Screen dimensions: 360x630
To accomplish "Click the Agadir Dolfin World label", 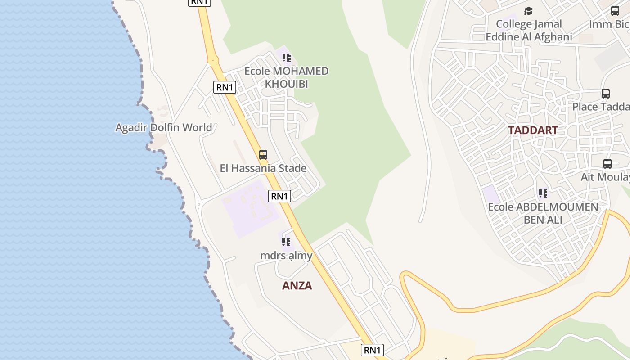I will [x=163, y=127].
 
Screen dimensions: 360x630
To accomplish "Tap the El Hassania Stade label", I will [x=263, y=168].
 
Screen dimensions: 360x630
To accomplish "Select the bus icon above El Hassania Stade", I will [x=263, y=155].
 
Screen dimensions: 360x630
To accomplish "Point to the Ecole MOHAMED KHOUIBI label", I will [x=286, y=77].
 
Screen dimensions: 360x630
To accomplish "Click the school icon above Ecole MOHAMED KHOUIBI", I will [x=287, y=58].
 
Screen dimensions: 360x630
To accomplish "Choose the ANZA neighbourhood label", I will [x=297, y=286].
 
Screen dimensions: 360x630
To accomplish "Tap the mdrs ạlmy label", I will [x=286, y=256].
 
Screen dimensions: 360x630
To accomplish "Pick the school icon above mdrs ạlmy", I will [x=286, y=242].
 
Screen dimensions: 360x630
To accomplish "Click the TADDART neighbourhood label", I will [x=533, y=130].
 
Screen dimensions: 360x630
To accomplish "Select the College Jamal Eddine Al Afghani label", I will [x=529, y=31].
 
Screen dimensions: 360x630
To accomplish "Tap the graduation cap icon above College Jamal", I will [x=528, y=11].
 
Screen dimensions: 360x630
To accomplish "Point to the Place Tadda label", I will [x=601, y=107].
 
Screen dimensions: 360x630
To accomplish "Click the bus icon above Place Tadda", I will [x=606, y=94].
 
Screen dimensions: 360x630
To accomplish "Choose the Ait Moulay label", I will [x=605, y=177].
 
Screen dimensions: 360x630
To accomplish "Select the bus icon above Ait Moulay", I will [x=607, y=164].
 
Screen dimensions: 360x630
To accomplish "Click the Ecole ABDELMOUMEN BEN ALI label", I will [x=543, y=213].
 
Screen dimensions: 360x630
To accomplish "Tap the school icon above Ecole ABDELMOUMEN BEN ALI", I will [x=543, y=193].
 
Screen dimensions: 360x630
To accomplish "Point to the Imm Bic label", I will [x=609, y=24].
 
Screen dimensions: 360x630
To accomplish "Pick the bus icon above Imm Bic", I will [x=615, y=11].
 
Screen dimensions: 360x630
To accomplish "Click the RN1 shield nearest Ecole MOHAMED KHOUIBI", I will [x=225, y=87].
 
